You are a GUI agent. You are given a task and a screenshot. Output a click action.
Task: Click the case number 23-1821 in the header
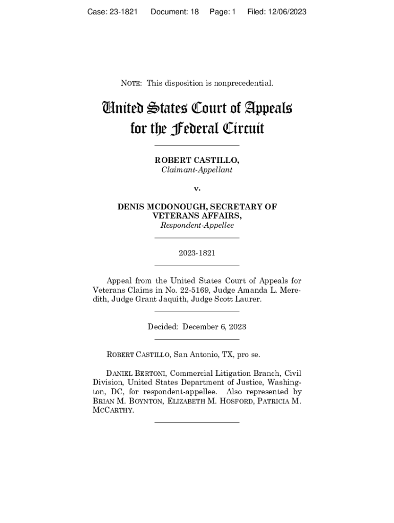coord(121,12)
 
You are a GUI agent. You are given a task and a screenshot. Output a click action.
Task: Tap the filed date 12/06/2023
coord(284,12)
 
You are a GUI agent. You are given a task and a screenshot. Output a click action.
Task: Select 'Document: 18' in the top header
coord(174,12)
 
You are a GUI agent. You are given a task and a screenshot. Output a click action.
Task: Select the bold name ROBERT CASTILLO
coord(197,161)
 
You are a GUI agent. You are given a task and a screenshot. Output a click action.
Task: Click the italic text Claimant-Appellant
coord(197,170)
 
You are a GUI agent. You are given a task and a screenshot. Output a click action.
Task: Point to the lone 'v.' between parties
coord(197,188)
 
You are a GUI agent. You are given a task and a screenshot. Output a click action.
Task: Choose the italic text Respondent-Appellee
coord(197,225)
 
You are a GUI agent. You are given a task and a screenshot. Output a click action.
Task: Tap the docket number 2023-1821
coord(197,252)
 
